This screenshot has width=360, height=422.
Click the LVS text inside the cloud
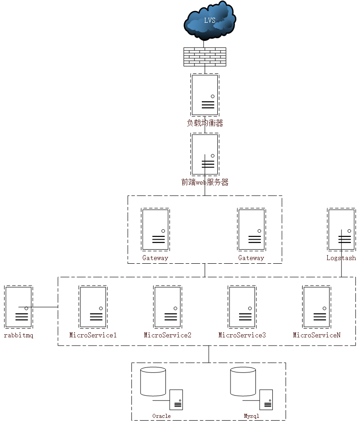[x=210, y=20]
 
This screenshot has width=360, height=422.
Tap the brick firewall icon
[x=205, y=57]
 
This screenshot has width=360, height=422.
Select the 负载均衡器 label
[x=205, y=123]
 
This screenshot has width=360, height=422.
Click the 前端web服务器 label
[x=205, y=182]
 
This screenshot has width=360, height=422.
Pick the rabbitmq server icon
[x=19, y=307]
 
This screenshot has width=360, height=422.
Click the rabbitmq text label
[x=19, y=335]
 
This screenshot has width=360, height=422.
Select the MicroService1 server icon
[x=93, y=307]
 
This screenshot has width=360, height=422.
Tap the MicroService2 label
[x=167, y=335]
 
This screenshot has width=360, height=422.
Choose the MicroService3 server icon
[x=242, y=307]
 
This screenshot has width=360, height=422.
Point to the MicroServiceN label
[x=317, y=335]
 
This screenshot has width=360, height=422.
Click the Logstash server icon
[x=341, y=230]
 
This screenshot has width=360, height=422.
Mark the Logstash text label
[x=341, y=258]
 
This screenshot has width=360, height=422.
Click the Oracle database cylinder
[x=153, y=382]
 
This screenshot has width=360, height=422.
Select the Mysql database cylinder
[x=243, y=382]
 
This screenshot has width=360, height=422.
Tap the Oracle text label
[x=161, y=416]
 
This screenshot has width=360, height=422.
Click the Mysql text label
[x=251, y=416]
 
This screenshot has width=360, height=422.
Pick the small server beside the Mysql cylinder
[x=266, y=400]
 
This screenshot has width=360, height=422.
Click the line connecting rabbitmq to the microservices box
[x=38, y=307]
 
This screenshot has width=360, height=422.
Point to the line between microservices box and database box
[x=209, y=354]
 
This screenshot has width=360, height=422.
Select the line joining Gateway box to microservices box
[x=205, y=270]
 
